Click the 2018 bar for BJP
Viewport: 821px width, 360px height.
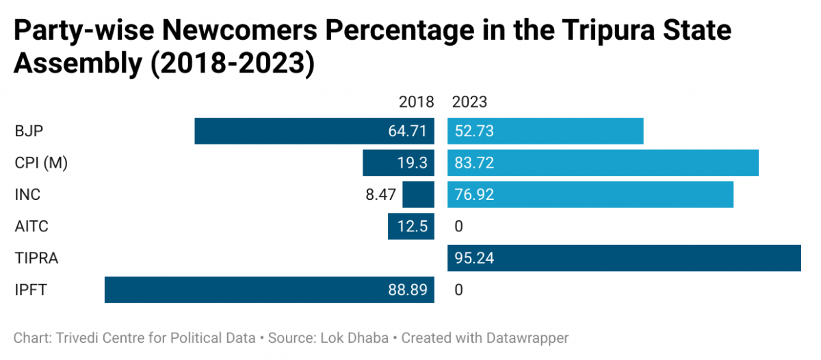coord(314,131)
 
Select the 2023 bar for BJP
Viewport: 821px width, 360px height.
coord(545,131)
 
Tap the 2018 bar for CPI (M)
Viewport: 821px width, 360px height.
coord(398,163)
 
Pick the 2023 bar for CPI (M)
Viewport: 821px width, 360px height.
coord(603,163)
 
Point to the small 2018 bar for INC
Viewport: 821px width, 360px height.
coord(418,194)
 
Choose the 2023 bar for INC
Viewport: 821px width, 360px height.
coord(590,194)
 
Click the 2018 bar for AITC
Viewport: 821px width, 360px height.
coord(410,227)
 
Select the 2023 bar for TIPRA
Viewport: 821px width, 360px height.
coord(624,258)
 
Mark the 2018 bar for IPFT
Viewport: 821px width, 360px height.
coord(269,290)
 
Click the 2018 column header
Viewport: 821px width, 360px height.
coord(416,102)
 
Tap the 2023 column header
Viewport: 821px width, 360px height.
coord(469,102)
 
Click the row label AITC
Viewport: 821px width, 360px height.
coord(31,227)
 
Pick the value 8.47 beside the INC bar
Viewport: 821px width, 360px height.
coord(381,194)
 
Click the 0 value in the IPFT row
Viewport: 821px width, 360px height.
coord(458,290)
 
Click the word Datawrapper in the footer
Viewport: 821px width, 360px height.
coord(526,337)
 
